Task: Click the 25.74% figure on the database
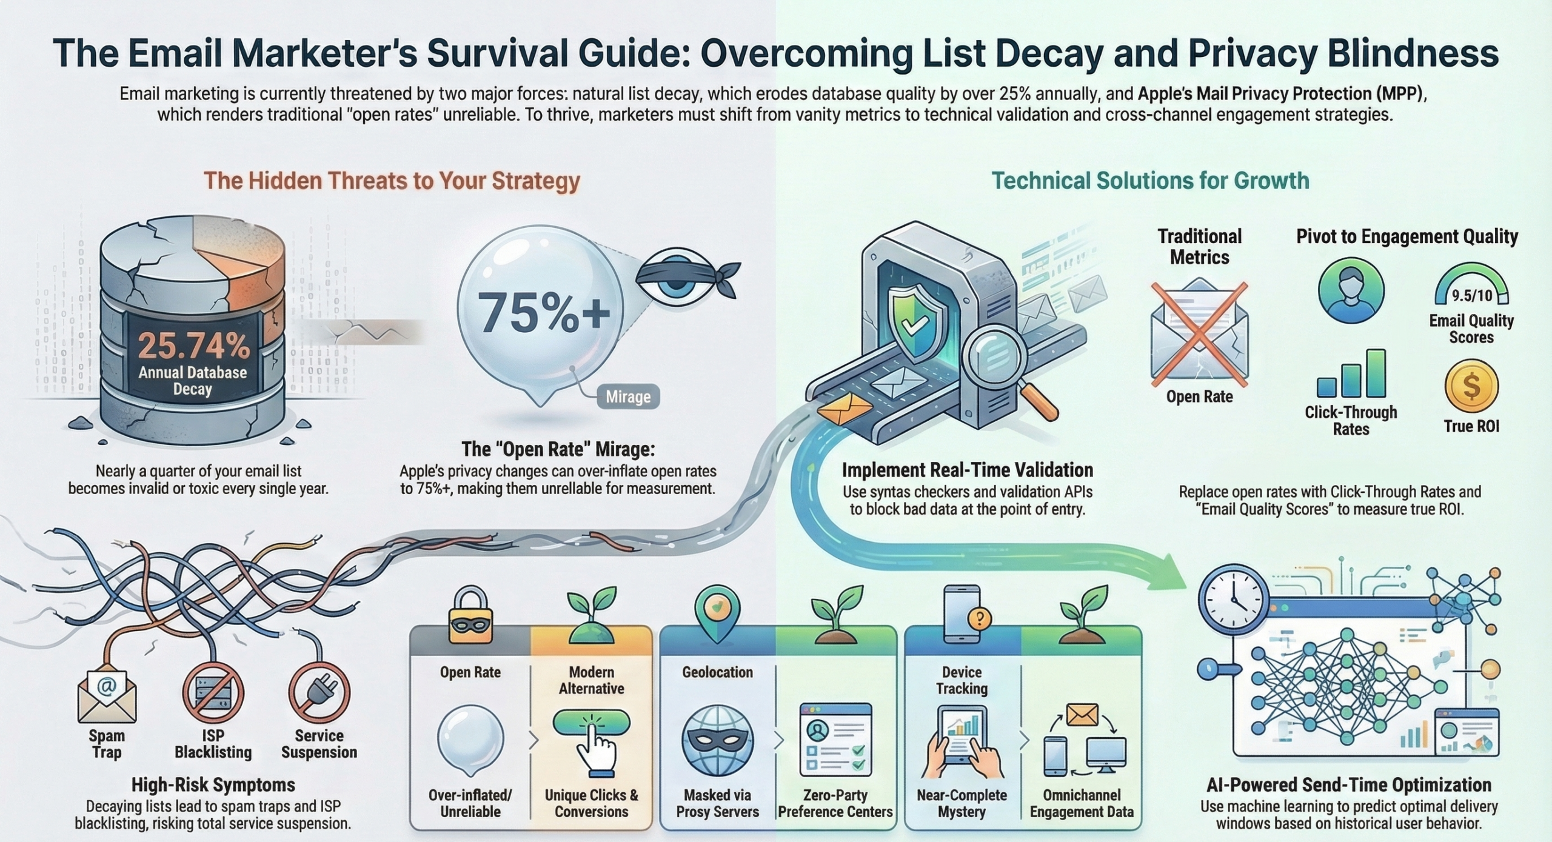pyautogui.click(x=193, y=345)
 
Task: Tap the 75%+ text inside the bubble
pyautogui.click(x=543, y=313)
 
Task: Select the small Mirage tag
pyautogui.click(x=627, y=397)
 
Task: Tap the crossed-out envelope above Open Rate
pyautogui.click(x=1199, y=333)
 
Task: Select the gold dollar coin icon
pyautogui.click(x=1471, y=386)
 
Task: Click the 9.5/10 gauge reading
pyautogui.click(x=1471, y=295)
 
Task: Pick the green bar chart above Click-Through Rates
pyautogui.click(x=1351, y=373)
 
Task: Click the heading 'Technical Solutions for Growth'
pyautogui.click(x=1150, y=181)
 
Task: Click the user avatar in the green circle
pyautogui.click(x=1351, y=290)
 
